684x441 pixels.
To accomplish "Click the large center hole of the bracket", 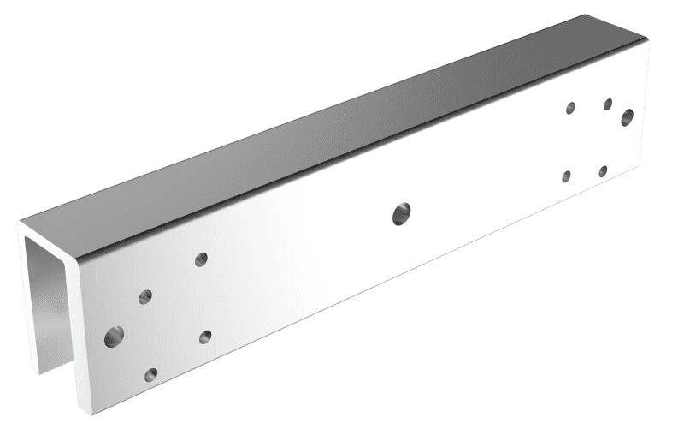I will [401, 214].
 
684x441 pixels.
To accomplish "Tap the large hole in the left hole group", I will [114, 337].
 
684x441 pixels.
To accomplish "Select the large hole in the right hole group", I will [628, 117].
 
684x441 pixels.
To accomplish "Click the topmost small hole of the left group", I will [201, 259].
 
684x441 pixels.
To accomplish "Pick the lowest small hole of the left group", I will [151, 374].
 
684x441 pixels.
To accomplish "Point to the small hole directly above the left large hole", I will [145, 297].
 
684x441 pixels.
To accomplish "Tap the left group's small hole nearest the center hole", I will [205, 337].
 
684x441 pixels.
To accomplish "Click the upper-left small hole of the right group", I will [570, 108].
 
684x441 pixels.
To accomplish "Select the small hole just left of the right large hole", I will [608, 104].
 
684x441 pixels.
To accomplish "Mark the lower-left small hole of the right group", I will [566, 176].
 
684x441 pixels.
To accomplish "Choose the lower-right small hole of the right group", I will [603, 171].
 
